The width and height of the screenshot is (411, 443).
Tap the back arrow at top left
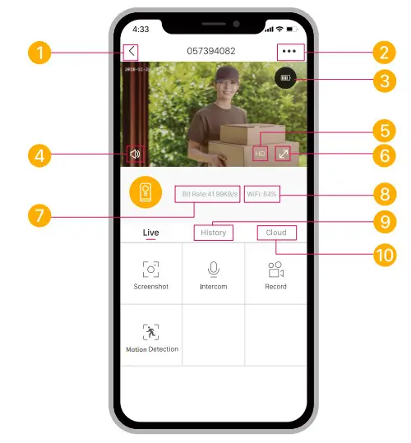point(131,52)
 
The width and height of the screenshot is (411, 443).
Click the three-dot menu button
point(289,51)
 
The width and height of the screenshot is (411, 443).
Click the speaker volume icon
point(136,153)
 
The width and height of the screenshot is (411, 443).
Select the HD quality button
point(261,153)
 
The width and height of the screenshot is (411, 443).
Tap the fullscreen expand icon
point(282,153)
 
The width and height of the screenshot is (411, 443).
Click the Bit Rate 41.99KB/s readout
point(207,194)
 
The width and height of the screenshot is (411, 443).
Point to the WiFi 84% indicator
point(262,194)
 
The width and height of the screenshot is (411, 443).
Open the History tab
point(213,233)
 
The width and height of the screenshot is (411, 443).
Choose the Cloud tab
point(276,233)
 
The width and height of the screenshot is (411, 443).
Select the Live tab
point(150,233)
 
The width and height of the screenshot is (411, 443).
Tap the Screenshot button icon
point(150,270)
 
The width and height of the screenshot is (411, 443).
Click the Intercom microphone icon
point(213,270)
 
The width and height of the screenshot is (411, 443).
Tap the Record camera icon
point(275,270)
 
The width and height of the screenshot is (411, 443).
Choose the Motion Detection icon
point(150,332)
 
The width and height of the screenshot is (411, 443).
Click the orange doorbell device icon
point(146,192)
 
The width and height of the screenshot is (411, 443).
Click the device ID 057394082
point(211,51)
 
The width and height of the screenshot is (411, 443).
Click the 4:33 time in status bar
point(141,29)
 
